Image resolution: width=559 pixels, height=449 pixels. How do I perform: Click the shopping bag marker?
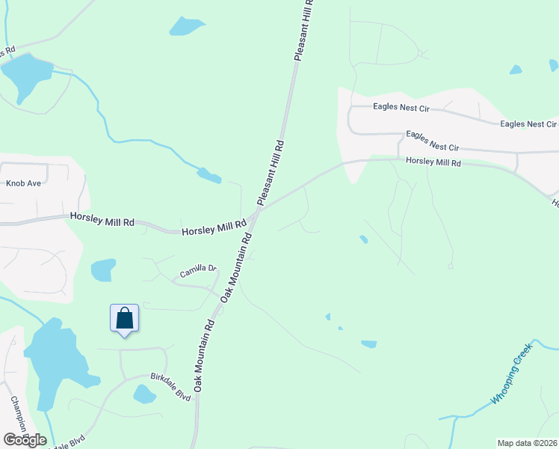pos(124,319)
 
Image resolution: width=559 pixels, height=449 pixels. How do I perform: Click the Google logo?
pos(25,440)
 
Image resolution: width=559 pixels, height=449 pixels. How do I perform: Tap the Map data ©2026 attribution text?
pos(528,442)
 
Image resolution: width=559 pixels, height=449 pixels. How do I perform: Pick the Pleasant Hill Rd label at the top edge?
pos(304,30)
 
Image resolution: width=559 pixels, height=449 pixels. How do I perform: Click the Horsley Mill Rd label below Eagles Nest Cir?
pos(433,162)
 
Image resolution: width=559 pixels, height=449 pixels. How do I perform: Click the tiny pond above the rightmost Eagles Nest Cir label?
pos(515,70)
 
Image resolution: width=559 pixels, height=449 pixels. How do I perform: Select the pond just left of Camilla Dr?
pos(103,269)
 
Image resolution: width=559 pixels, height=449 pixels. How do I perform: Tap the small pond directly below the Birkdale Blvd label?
pos(144,394)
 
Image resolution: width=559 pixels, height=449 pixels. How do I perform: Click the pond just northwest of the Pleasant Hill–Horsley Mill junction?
pos(209,176)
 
